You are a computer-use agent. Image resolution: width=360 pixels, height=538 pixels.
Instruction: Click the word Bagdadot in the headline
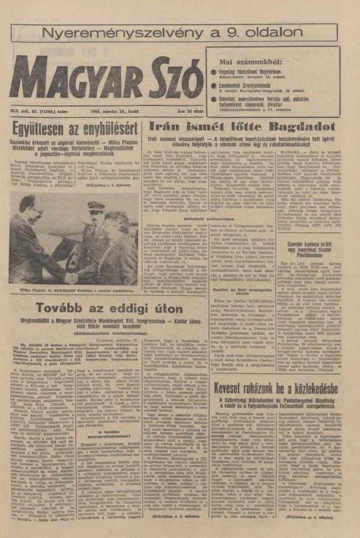(x=308, y=127)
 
